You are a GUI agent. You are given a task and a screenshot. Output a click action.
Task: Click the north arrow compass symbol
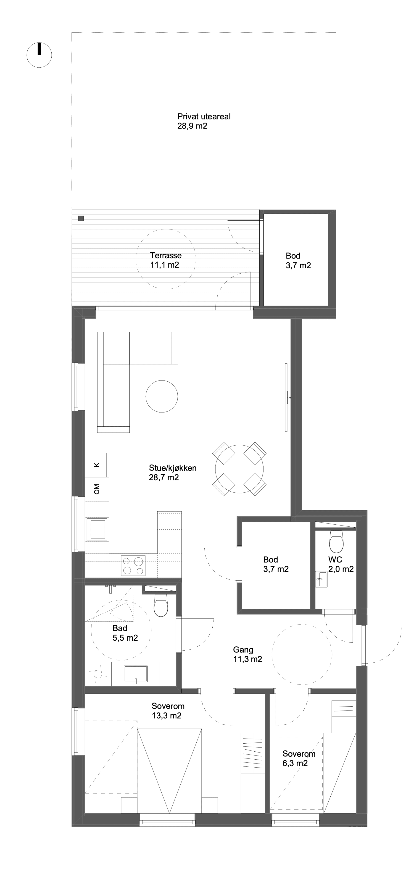pos(39,55)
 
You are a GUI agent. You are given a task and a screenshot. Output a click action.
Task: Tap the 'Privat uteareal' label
pos(204,116)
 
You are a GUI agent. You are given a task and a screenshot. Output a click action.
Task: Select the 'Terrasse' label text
pos(166,255)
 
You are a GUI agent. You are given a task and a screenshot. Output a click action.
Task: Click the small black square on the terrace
pos(81,219)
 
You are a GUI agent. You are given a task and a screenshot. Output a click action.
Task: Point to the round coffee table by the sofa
pos(162,396)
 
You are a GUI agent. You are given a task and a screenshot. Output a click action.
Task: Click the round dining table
pos(239,469)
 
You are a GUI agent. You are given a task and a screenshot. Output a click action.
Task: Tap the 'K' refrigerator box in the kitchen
pos(97,465)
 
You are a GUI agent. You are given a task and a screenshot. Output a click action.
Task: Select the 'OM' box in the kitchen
pos(97,489)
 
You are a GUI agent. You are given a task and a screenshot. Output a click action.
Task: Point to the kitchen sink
pos(98,529)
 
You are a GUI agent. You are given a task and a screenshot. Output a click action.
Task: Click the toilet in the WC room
pos(336,541)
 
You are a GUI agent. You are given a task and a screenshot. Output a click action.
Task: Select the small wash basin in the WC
pos(321,579)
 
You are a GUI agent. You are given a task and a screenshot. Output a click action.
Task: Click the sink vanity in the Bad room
pos(135,674)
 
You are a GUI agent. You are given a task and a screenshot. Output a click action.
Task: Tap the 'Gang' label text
pos(243,650)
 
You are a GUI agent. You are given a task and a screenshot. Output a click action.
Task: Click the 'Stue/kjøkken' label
pos(173,468)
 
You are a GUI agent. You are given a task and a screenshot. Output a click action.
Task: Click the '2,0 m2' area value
pos(341,569)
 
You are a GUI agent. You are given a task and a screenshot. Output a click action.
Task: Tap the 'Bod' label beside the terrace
pos(293,256)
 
